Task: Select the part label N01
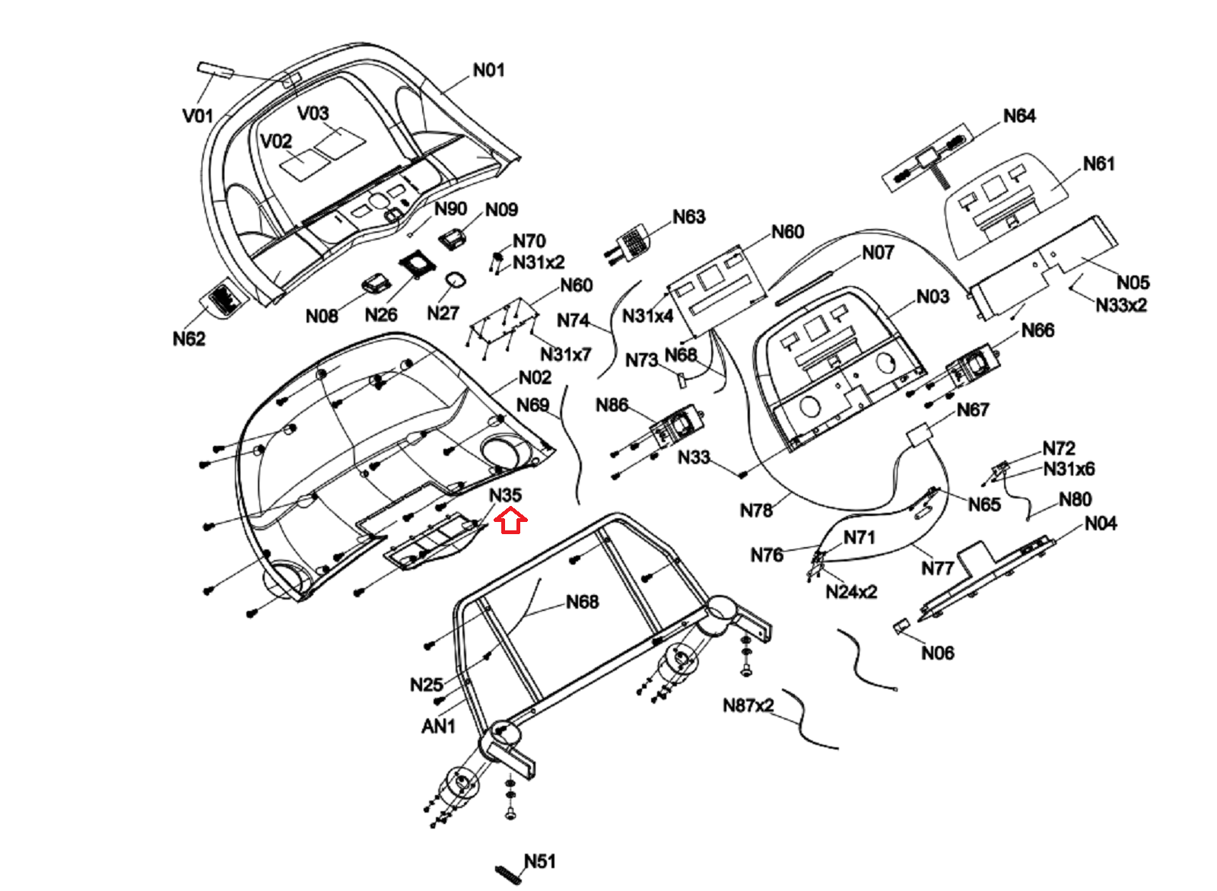pyautogui.click(x=488, y=70)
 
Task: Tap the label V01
pyautogui.click(x=198, y=116)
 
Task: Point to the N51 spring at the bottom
pyautogui.click(x=510, y=874)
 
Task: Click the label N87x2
pyautogui.click(x=748, y=705)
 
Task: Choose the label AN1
pyautogui.click(x=438, y=727)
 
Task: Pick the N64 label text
pyautogui.click(x=1019, y=116)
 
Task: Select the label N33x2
pyautogui.click(x=1121, y=305)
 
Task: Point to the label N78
pyautogui.click(x=756, y=511)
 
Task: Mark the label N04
pyautogui.click(x=1101, y=523)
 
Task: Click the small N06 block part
pyautogui.click(x=900, y=626)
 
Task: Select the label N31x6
pyautogui.click(x=1069, y=469)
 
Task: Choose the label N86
pyautogui.click(x=612, y=405)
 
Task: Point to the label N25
pyautogui.click(x=426, y=685)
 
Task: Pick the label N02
pyautogui.click(x=535, y=378)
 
